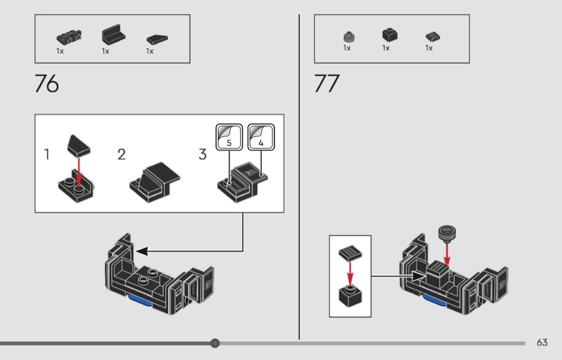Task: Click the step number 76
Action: click(x=47, y=85)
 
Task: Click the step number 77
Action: click(x=326, y=85)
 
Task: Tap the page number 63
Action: click(x=542, y=343)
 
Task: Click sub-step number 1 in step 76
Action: click(x=47, y=155)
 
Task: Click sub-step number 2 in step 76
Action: click(x=121, y=155)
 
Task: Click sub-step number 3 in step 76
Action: click(x=202, y=155)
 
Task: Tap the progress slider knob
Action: click(x=215, y=343)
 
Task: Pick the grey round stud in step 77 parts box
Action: click(x=348, y=36)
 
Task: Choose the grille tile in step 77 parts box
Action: click(x=432, y=36)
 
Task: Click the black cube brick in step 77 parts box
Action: click(x=389, y=35)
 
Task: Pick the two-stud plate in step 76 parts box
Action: click(x=70, y=37)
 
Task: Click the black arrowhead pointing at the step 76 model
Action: click(x=140, y=250)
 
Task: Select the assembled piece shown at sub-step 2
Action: click(x=155, y=180)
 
